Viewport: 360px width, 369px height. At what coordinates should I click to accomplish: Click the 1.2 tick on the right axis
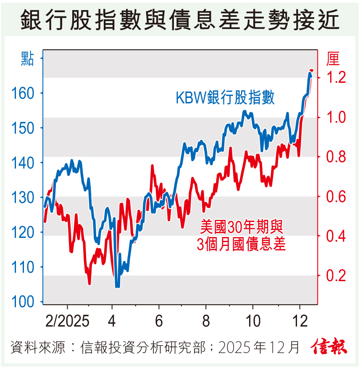point(335,78)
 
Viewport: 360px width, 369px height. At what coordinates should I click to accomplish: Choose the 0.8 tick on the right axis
point(335,157)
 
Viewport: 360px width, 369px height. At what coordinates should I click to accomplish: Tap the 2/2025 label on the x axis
point(67,322)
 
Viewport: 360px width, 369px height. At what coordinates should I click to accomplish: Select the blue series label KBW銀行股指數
point(225,98)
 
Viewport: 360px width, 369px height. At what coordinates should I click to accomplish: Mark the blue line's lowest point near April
point(117,287)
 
